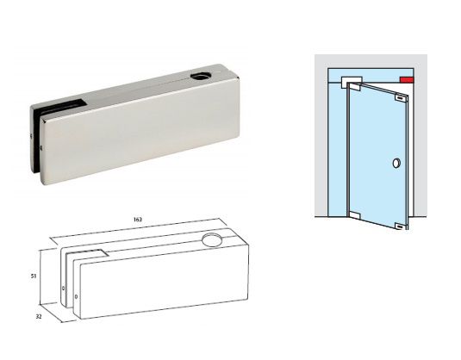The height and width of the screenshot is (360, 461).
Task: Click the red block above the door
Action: [x=405, y=81]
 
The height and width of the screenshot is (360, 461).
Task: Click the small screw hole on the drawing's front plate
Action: [x=78, y=297]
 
